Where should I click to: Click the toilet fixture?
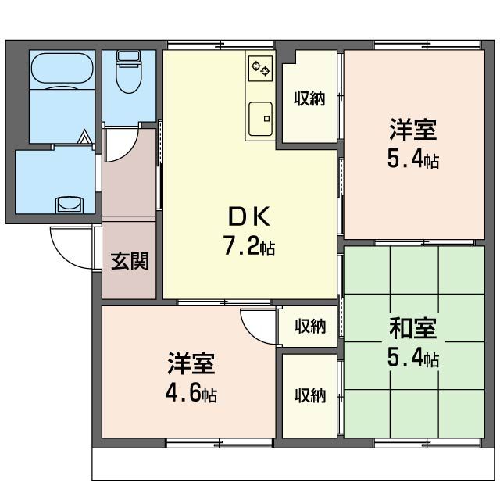point(127,73)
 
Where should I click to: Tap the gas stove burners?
point(259,69)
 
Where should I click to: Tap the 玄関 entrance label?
point(129,261)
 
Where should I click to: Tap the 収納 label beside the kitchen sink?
point(309,98)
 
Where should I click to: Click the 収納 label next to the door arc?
point(309,327)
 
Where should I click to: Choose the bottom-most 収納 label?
point(309,395)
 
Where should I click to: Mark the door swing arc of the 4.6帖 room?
point(258,323)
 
